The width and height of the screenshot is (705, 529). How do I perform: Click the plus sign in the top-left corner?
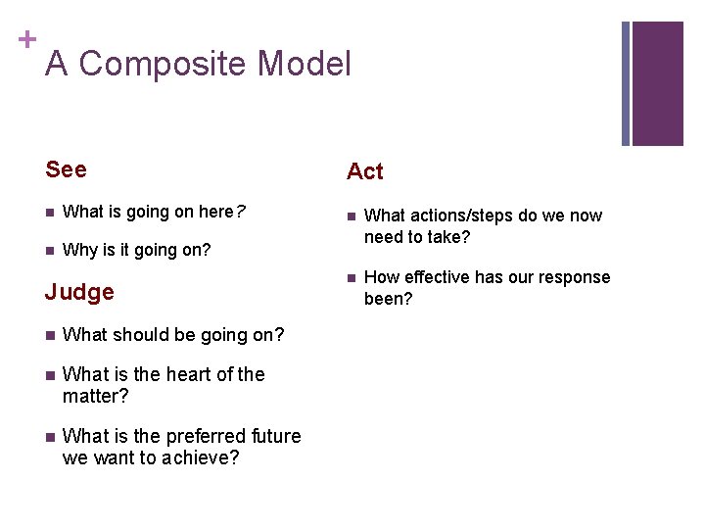(26, 39)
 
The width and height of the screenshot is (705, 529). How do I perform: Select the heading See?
(66, 169)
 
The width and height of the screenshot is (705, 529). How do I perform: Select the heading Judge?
(79, 292)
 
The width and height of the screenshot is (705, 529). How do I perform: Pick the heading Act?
(365, 171)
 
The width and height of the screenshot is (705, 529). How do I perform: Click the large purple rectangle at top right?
(657, 83)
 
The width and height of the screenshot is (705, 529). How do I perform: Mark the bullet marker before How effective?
(351, 278)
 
